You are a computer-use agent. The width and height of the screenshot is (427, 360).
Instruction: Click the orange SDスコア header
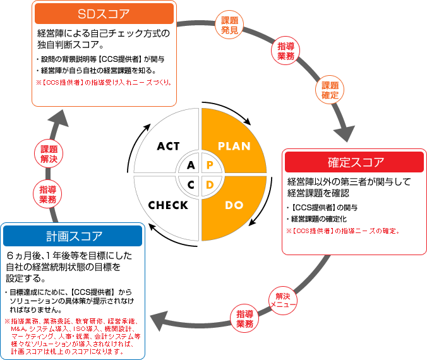pyautogui.click(x=104, y=13)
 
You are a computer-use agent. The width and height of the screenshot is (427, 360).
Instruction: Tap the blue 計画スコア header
pyautogui.click(x=73, y=236)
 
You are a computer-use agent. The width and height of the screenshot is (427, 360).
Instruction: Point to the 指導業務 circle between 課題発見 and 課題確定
pyautogui.click(x=286, y=51)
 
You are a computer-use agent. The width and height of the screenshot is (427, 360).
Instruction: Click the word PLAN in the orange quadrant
pyautogui.click(x=234, y=146)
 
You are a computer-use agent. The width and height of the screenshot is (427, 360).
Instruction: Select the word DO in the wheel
pyautogui.click(x=234, y=205)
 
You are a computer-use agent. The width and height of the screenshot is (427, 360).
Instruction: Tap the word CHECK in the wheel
pyautogui.click(x=168, y=205)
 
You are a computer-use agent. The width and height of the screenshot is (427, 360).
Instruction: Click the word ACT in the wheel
pyautogui.click(x=169, y=146)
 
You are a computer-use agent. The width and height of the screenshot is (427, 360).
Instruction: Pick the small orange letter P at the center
pyautogui.click(x=210, y=165)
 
